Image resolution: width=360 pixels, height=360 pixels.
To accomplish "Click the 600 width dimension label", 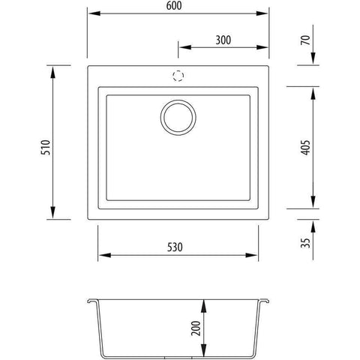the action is pos(174,6).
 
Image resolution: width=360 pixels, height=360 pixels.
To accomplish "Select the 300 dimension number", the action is pos(223,40).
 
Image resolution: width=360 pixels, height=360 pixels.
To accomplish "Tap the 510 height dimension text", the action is pos(46,148).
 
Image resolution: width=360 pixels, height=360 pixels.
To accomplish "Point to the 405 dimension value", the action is pos(306,148).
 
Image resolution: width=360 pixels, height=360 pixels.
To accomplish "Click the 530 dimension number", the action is pos(175,247).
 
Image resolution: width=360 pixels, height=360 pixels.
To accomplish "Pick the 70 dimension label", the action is pos(305,40).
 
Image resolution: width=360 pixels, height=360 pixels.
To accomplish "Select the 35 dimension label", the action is pos(305,243).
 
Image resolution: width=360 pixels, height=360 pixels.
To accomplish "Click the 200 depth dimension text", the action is pos(196,328).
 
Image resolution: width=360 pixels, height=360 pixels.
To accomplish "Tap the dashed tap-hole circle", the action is pos(178,76).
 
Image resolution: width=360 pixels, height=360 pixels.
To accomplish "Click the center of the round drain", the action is pos(178,118).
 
